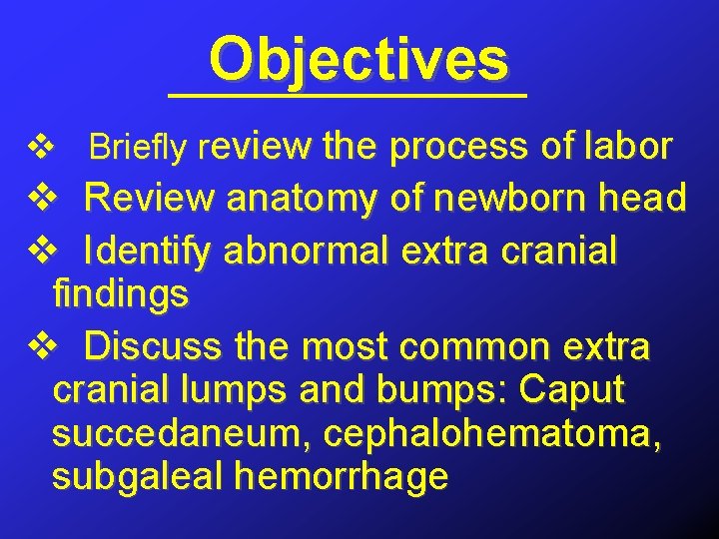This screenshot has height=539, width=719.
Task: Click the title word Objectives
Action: pos(359,60)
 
